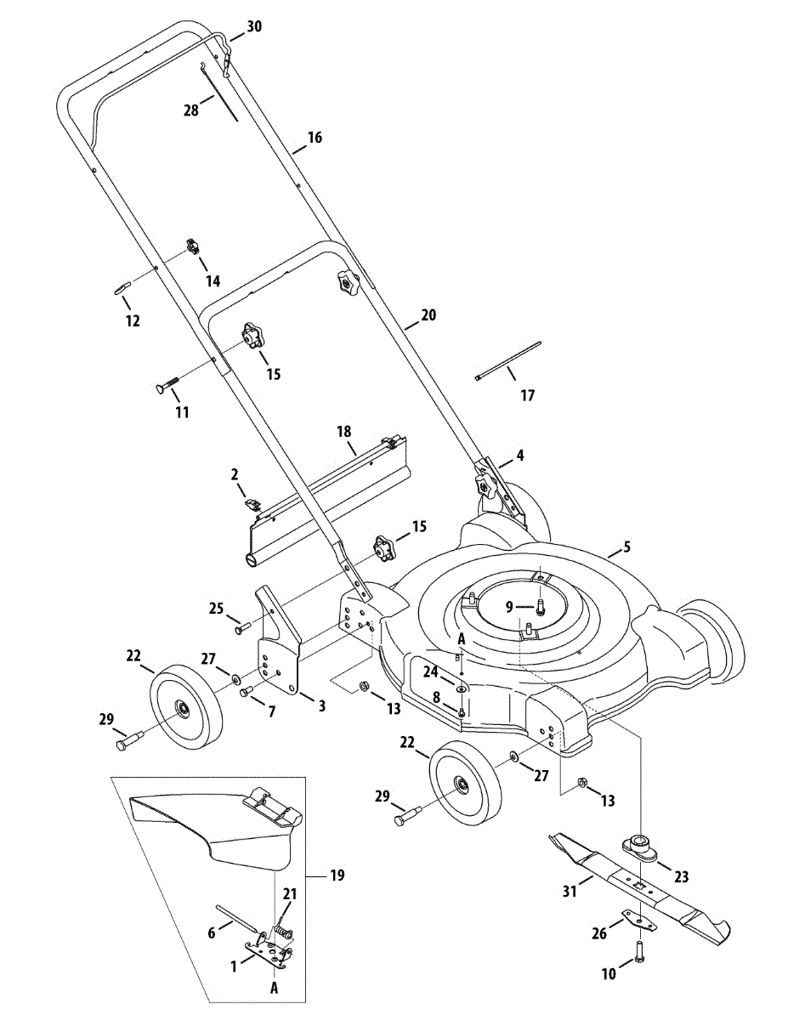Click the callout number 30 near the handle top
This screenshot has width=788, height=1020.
pyautogui.click(x=254, y=26)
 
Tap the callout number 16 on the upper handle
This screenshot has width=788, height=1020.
pyautogui.click(x=315, y=138)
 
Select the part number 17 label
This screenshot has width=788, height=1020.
pyautogui.click(x=528, y=396)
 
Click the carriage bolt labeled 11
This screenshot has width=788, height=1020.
pyautogui.click(x=167, y=383)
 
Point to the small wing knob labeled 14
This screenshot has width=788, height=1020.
pyautogui.click(x=192, y=246)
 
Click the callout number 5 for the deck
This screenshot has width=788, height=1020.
pyautogui.click(x=626, y=547)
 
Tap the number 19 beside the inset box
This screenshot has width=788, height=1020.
pyautogui.click(x=337, y=875)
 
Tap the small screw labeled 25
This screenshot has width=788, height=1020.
pyautogui.click(x=242, y=627)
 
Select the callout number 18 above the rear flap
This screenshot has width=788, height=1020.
pyautogui.click(x=344, y=432)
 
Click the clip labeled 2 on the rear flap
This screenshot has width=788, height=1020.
pyautogui.click(x=252, y=504)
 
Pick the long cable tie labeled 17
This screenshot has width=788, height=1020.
pyautogui.click(x=507, y=360)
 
